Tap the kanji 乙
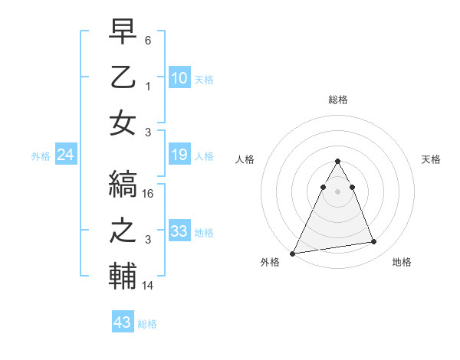[x=123, y=79]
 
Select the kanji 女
[x=123, y=123]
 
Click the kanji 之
[x=123, y=232]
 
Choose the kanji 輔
[x=123, y=277]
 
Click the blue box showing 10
[x=179, y=77]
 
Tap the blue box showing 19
[x=179, y=155]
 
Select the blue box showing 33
[x=179, y=231]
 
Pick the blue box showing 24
[x=66, y=155]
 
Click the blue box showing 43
[x=122, y=322]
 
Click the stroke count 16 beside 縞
[x=149, y=195]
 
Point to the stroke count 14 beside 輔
[x=149, y=286]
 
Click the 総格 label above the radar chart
[x=337, y=100]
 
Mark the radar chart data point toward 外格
[x=293, y=253]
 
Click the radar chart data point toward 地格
[x=374, y=242]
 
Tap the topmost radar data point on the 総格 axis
[x=337, y=161]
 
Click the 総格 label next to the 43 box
[x=147, y=324]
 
